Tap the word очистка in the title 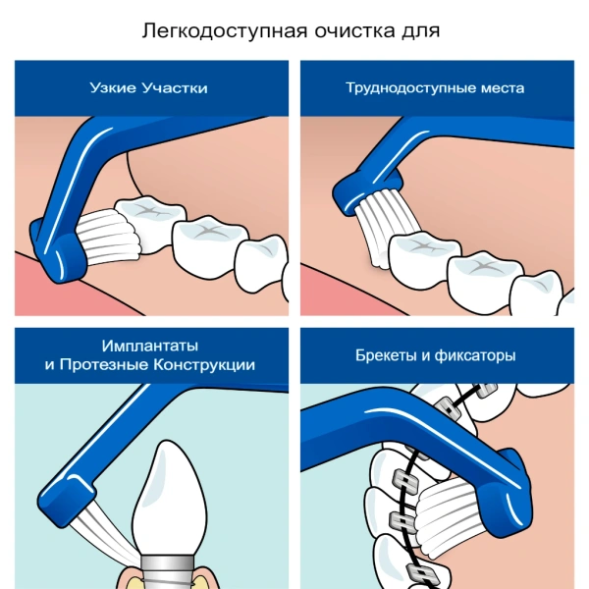355,31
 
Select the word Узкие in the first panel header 113,88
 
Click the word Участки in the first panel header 175,88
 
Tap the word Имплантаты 150,346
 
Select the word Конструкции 205,365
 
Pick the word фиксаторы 475,355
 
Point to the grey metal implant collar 167,572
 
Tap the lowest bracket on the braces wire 423,575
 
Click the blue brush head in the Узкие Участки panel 58,251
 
